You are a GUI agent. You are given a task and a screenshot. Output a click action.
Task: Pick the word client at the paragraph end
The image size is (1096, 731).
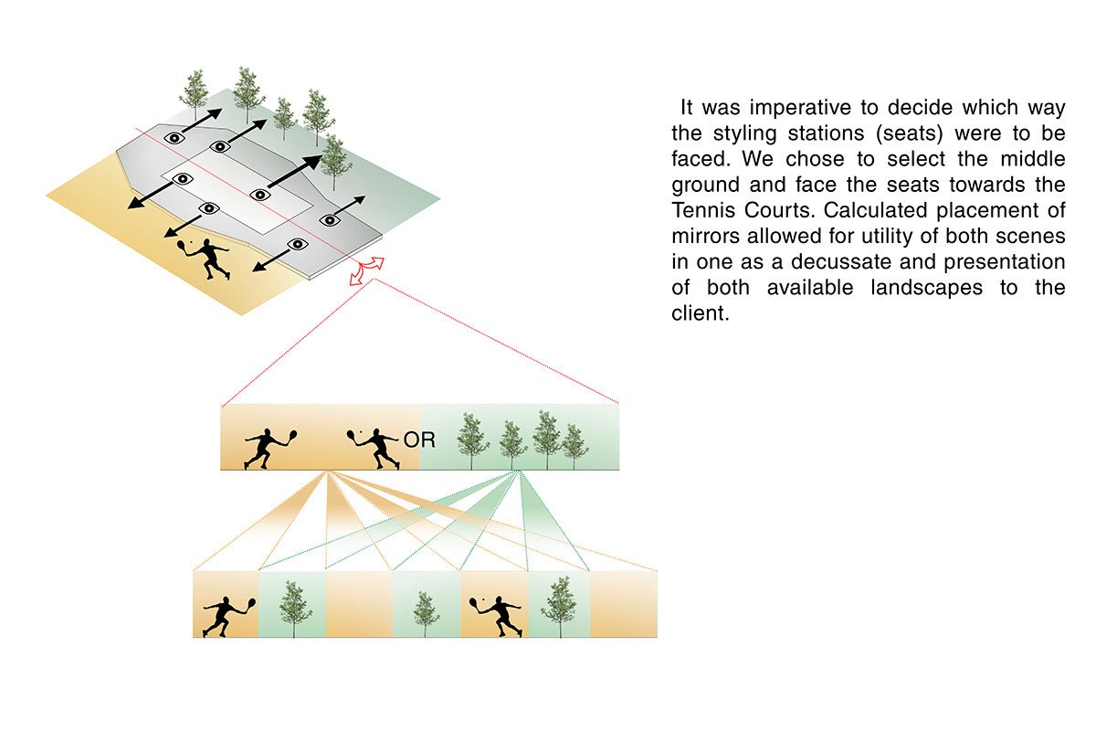pyautogui.click(x=700, y=313)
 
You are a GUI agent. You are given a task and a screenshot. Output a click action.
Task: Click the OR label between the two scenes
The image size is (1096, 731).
pyautogui.click(x=419, y=440)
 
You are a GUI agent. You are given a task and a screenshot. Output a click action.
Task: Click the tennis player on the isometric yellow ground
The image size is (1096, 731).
pyautogui.click(x=205, y=257)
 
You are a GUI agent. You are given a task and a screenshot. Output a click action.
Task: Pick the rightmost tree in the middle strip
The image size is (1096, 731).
pyautogui.click(x=574, y=445)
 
